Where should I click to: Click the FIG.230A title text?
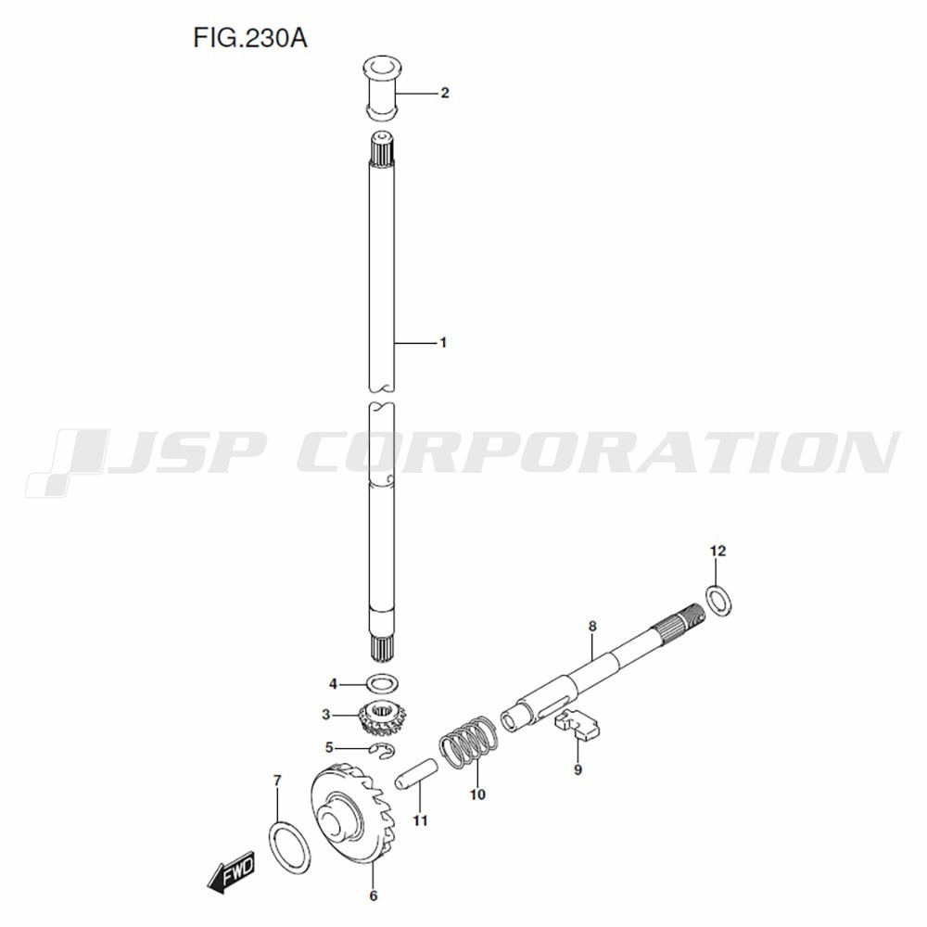[250, 39]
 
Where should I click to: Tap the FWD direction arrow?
[231, 870]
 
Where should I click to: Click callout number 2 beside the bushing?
[445, 93]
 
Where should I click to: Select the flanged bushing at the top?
[380, 87]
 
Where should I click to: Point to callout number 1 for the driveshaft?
[443, 343]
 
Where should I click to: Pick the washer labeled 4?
[382, 684]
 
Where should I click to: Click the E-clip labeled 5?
[383, 750]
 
